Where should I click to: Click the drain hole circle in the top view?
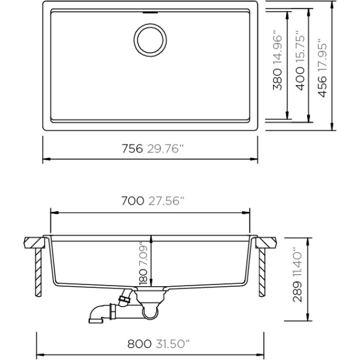point(150,26)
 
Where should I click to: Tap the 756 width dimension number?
point(132,149)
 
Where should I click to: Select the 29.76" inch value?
point(166,149)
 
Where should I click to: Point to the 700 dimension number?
point(133,200)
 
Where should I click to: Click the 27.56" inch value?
point(166,200)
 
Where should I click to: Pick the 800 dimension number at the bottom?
point(139,344)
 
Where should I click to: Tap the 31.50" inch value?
point(173,344)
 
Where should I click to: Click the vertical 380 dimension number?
point(277,79)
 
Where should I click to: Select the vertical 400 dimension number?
point(300,79)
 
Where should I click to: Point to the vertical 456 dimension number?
point(322,86)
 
